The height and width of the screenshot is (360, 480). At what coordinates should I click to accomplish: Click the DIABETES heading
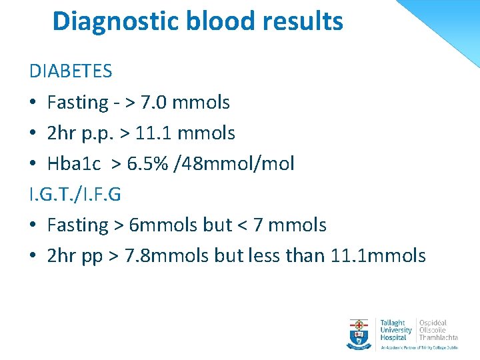pyautogui.click(x=71, y=71)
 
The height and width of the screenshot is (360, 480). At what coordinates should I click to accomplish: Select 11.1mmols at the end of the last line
pyautogui.click(x=378, y=256)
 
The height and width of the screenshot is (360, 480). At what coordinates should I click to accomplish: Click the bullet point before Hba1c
pyautogui.click(x=33, y=164)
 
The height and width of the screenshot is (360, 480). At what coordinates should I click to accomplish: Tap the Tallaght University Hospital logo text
pyautogui.click(x=396, y=330)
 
